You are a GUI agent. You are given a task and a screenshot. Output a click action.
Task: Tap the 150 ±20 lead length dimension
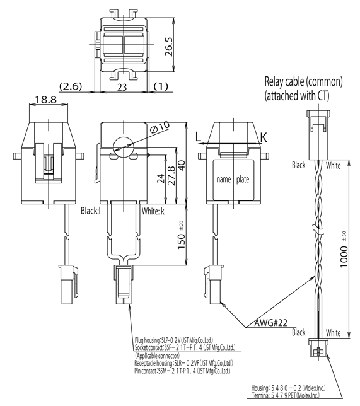(181, 234)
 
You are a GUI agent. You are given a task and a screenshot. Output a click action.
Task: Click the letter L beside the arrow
(199, 136)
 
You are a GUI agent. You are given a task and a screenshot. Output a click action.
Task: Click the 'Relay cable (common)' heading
(303, 81)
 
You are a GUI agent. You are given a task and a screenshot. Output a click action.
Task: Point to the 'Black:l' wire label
(91, 211)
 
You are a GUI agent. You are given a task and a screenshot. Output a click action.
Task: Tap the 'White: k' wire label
(154, 211)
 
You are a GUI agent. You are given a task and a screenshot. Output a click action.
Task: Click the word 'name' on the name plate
(224, 179)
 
